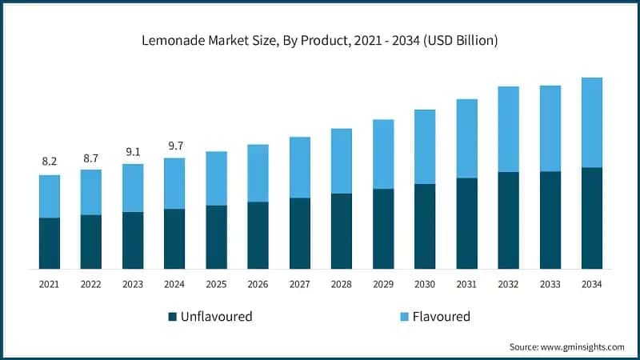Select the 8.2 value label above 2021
tap(50, 162)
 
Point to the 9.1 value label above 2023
tap(133, 152)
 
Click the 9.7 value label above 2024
tap(174, 146)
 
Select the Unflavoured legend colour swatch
tap(172, 317)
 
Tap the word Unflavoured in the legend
tap(216, 317)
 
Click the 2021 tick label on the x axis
tap(50, 284)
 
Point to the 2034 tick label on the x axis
tap(592, 284)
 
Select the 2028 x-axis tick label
tap(342, 284)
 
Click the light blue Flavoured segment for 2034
tap(592, 122)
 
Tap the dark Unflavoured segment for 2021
tap(50, 243)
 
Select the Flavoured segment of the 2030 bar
tap(425, 146)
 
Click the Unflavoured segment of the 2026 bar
tap(258, 235)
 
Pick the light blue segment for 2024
tap(174, 183)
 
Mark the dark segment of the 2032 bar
tap(508, 220)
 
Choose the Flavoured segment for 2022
tap(91, 192)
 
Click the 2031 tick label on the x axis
tap(466, 284)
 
